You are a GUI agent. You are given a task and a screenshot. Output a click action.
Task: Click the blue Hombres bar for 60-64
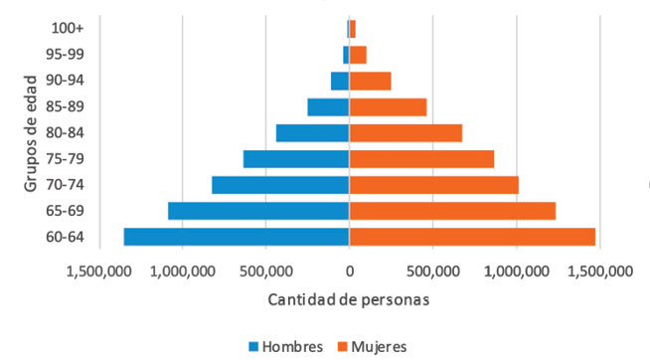pyautogui.click(x=236, y=236)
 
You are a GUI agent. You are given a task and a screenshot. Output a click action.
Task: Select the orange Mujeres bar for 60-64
pyautogui.click(x=472, y=236)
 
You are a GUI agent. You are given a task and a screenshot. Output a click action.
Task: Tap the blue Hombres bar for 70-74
pyautogui.click(x=280, y=184)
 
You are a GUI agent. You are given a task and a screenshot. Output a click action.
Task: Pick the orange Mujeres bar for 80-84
pyautogui.click(x=406, y=132)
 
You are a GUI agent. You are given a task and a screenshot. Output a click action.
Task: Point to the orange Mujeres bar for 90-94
pyautogui.click(x=370, y=81)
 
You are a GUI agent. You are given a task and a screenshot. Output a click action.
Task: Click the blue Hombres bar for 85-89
pyautogui.click(x=328, y=106)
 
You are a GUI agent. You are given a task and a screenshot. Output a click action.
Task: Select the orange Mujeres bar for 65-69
pyautogui.click(x=452, y=210)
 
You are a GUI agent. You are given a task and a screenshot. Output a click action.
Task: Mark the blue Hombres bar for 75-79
pyautogui.click(x=296, y=158)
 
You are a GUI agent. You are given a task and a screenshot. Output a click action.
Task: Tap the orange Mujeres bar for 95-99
pyautogui.click(x=358, y=55)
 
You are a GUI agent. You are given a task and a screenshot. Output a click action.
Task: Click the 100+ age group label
pyautogui.click(x=67, y=28)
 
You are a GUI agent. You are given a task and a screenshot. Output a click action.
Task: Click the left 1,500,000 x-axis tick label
pyautogui.click(x=97, y=270)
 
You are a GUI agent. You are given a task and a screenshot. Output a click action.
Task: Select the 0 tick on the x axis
pyautogui.click(x=349, y=270)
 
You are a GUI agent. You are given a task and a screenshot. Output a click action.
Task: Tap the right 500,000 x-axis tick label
pyautogui.click(x=433, y=270)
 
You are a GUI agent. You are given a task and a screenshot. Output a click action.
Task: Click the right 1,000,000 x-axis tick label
pyautogui.click(x=517, y=270)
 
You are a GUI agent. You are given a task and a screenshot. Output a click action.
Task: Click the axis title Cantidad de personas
pyautogui.click(x=349, y=298)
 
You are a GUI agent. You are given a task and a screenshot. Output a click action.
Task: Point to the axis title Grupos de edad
pyautogui.click(x=31, y=133)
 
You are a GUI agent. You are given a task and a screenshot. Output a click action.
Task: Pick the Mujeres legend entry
pyautogui.click(x=370, y=346)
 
